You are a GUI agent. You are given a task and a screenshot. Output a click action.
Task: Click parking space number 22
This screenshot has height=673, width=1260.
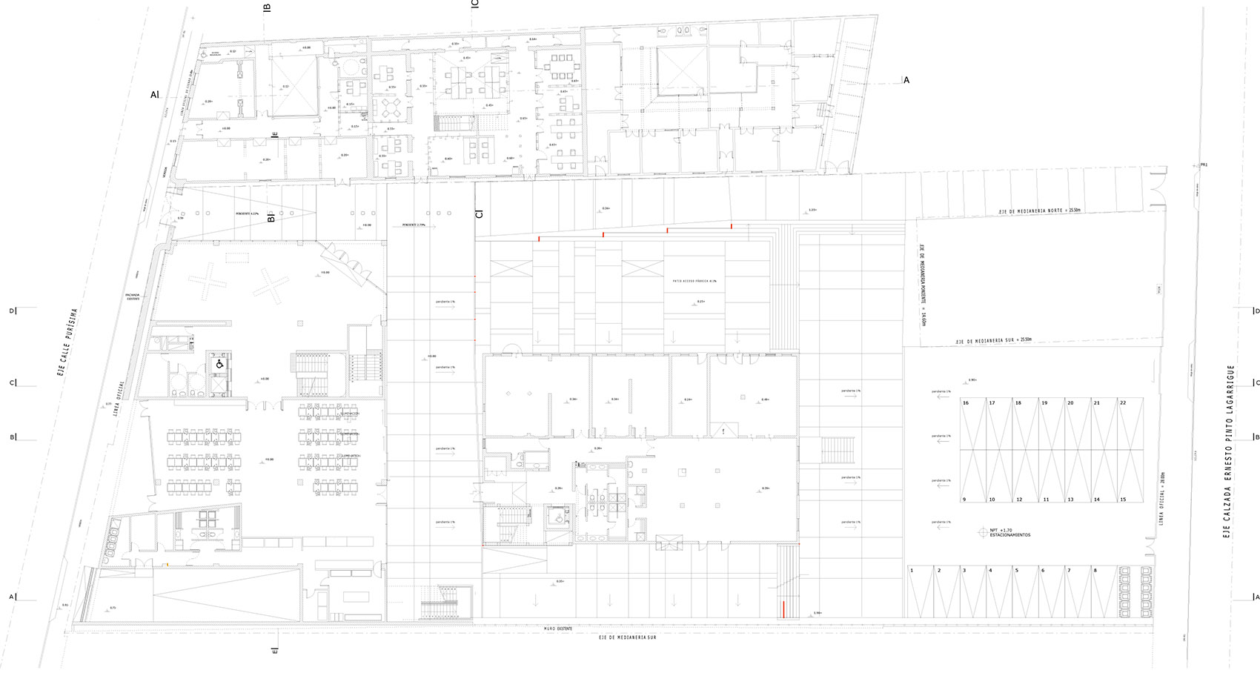[1123, 402]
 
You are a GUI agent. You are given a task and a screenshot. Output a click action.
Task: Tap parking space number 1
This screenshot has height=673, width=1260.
[912, 570]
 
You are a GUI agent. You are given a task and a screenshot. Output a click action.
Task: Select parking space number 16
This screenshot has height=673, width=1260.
[966, 402]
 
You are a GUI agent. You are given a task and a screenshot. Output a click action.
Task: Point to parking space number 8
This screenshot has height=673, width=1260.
[1095, 570]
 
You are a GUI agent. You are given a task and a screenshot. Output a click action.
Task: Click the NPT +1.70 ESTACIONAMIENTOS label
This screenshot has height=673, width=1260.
[1009, 532]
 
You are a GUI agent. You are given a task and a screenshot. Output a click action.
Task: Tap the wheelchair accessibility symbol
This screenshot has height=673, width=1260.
[219, 365]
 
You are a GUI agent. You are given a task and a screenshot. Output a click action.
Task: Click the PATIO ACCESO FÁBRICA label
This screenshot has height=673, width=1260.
[694, 282]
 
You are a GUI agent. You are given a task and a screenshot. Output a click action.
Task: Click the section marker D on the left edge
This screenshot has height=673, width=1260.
[13, 311]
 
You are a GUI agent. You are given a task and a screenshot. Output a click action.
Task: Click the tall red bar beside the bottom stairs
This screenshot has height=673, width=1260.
[783, 609]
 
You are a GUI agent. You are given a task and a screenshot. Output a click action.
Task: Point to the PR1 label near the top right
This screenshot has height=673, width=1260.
[1204, 165]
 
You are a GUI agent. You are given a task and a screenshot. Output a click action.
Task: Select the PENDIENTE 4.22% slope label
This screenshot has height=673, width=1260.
[246, 213]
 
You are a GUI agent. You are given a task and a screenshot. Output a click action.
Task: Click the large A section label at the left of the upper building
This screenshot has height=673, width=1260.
[154, 94]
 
